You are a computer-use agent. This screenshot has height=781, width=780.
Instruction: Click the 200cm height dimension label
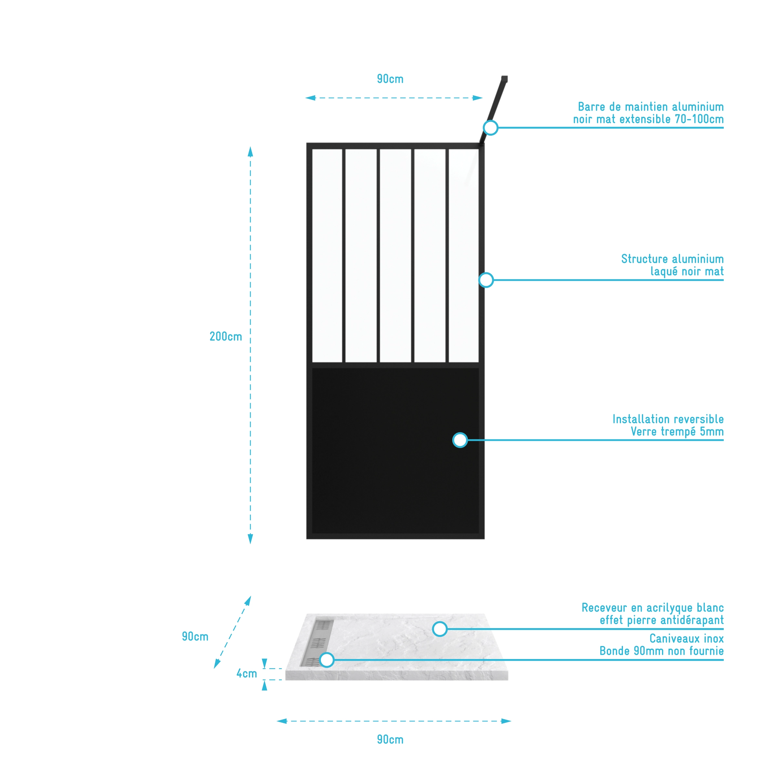[226, 336]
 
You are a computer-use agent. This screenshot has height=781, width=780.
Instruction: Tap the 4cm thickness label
[246, 673]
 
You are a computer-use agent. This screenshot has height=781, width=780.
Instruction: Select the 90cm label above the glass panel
[390, 79]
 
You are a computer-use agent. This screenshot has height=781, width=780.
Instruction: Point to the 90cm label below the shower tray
[390, 739]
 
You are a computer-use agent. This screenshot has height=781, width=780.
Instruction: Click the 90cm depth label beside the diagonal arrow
[195, 636]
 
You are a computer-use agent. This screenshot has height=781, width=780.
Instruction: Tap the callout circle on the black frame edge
[486, 280]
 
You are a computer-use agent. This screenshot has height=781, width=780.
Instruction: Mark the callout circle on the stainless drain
[326, 660]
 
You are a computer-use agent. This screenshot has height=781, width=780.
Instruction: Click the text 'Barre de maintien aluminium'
[650, 107]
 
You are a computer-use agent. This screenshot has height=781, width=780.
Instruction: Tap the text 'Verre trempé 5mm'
[677, 431]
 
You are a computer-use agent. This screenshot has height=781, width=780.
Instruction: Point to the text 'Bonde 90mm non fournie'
[661, 651]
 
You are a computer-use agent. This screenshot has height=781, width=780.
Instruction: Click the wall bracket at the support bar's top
[504, 78]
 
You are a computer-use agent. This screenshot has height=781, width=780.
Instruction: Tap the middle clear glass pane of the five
[395, 255]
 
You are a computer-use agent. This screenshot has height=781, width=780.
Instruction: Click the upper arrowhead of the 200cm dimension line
[250, 152]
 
